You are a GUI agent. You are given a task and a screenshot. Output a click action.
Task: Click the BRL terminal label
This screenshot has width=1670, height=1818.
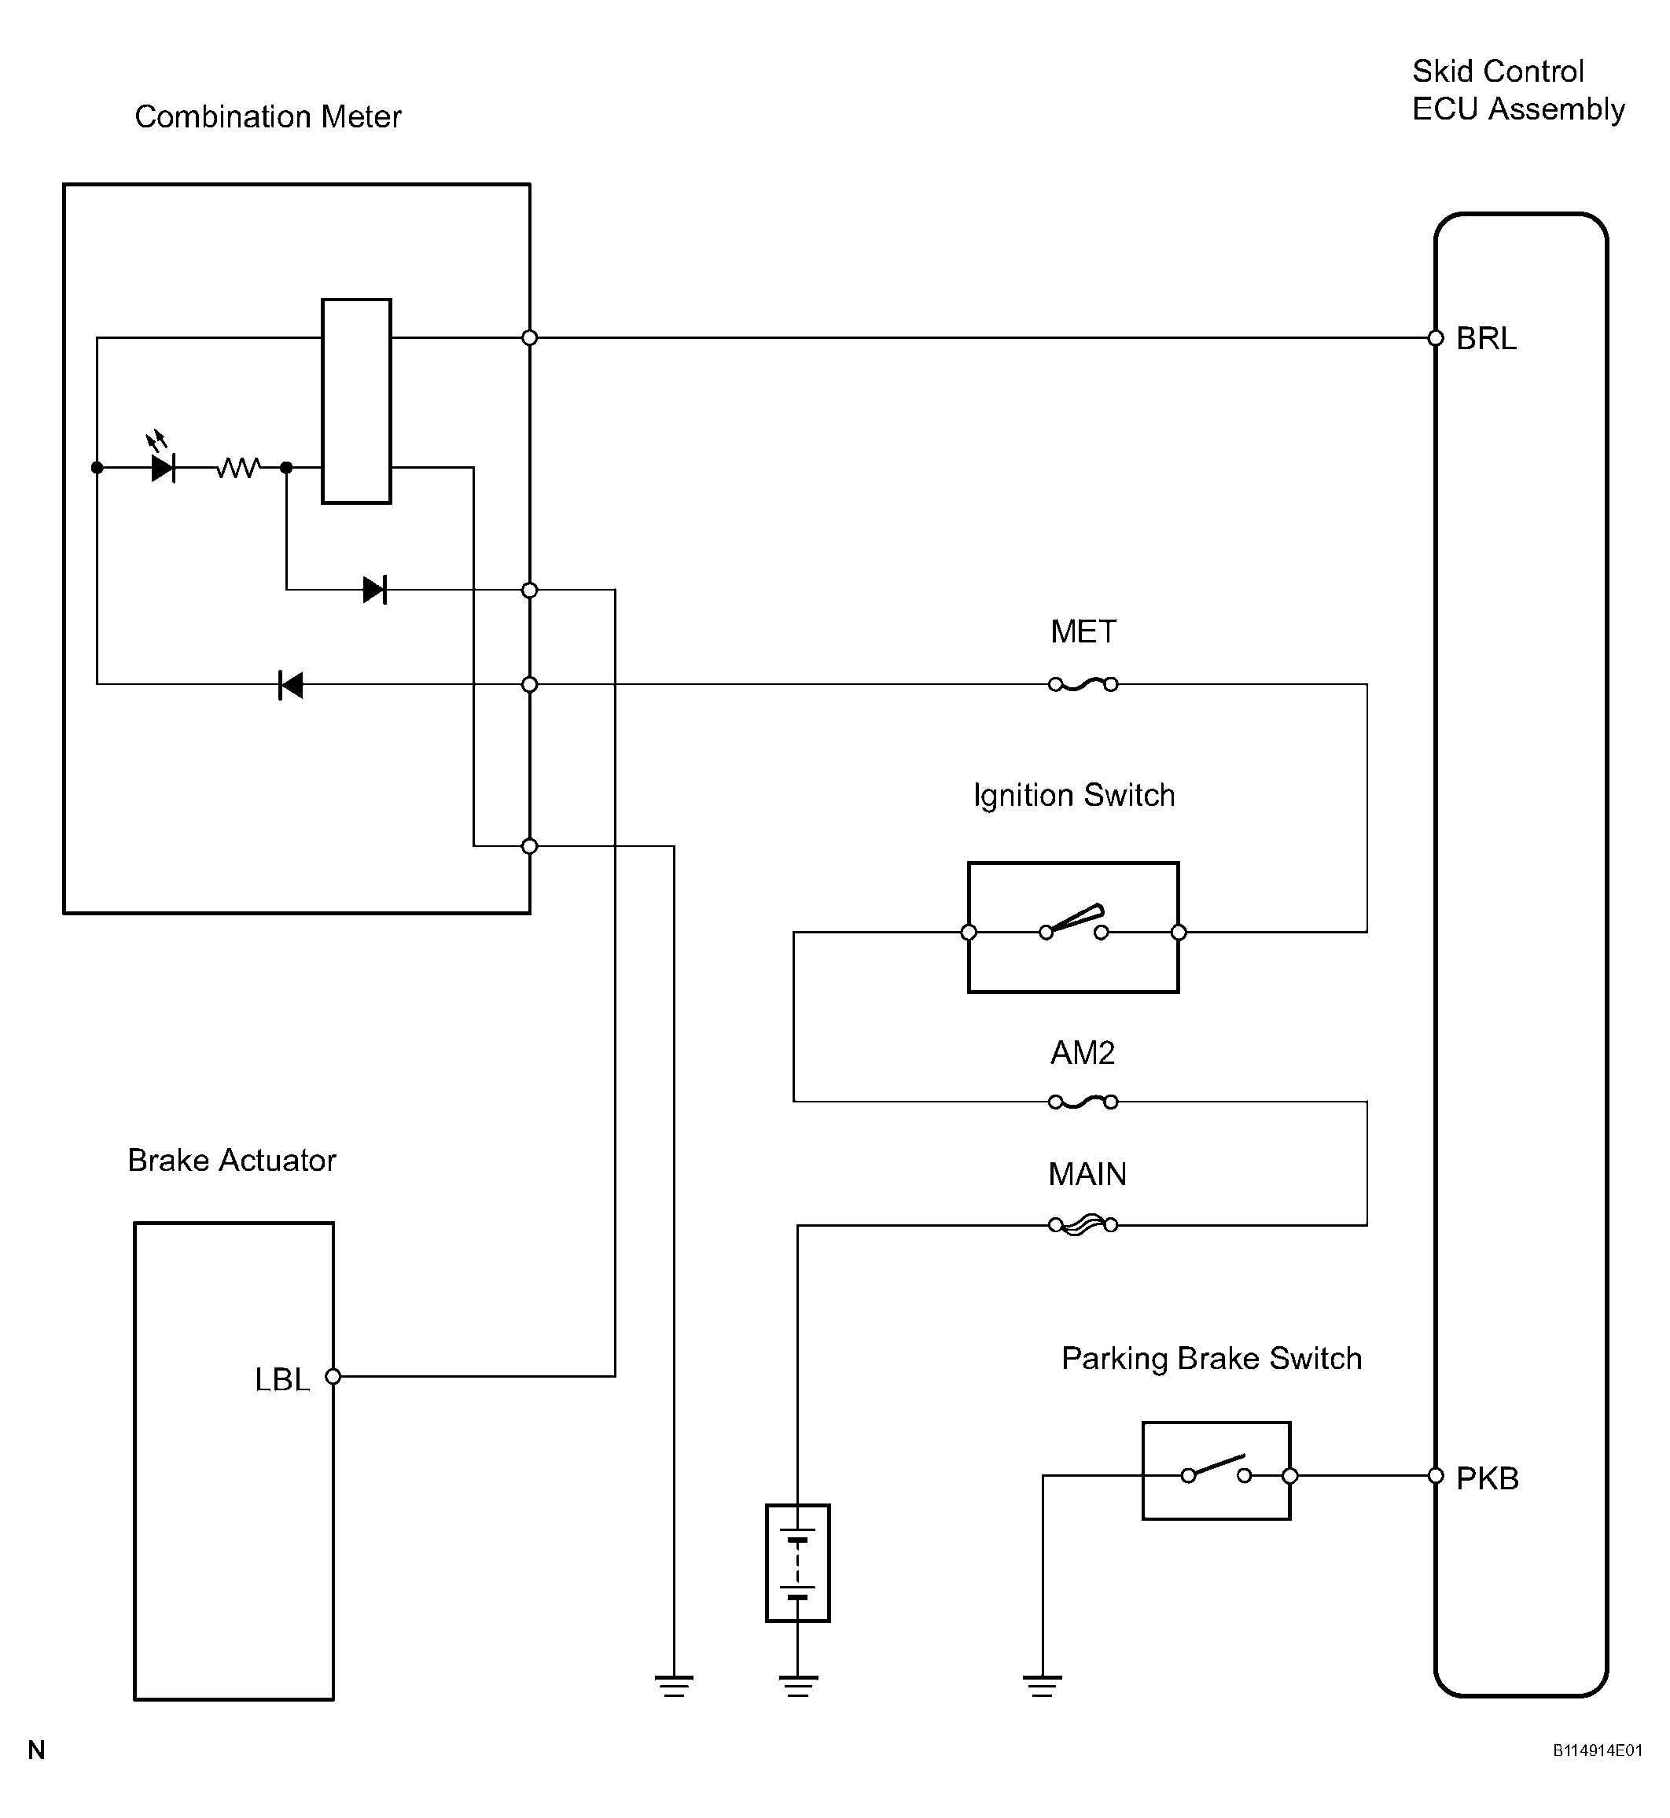1487,339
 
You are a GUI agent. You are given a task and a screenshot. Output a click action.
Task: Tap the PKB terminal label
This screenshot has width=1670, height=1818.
1488,1479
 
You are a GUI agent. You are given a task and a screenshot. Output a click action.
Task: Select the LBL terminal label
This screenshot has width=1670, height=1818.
282,1380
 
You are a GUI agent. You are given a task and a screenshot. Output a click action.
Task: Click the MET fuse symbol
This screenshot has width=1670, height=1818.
1083,685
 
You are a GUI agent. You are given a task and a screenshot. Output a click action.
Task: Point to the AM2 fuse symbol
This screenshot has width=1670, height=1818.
1083,1102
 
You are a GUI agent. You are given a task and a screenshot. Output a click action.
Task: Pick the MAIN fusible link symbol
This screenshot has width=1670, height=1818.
1083,1225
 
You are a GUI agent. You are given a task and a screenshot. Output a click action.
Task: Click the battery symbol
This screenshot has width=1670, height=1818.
798,1563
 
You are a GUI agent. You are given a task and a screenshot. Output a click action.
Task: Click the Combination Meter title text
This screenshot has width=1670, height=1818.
267,116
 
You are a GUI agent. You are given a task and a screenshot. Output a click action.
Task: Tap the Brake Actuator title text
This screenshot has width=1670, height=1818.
231,1160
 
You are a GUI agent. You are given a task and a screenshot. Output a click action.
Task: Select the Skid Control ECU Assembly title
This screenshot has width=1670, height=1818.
1518,90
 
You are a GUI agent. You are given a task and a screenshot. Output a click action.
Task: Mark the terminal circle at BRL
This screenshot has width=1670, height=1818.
1436,338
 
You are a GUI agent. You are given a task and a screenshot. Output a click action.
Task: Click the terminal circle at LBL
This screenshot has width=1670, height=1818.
333,1376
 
